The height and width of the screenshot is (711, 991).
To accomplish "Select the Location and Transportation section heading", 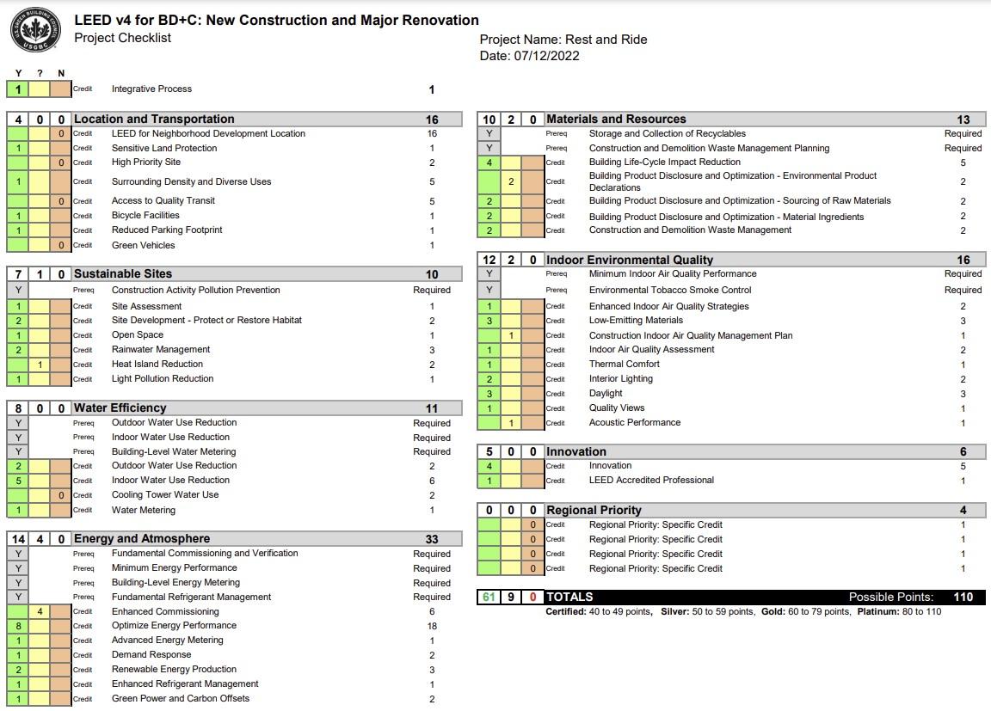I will pos(154,120).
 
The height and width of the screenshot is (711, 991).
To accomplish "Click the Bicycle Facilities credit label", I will pos(145,216).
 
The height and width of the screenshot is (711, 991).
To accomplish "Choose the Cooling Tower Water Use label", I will pos(165,495).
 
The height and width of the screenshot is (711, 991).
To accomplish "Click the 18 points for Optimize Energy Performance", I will pos(432,626).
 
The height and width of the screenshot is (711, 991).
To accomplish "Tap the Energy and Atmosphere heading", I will pos(142,539).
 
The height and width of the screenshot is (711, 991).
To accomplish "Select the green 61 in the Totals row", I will pos(489,597).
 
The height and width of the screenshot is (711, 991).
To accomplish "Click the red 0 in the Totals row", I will pos(532,597).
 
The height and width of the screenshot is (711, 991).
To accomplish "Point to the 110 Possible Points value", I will pos(963,597).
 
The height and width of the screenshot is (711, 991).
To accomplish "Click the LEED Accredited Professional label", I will pos(651,481).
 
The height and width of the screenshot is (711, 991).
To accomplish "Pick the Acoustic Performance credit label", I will pos(635,423).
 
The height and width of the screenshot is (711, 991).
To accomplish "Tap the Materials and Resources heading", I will pos(616,120).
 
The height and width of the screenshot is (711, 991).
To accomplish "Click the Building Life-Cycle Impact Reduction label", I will pos(664,162).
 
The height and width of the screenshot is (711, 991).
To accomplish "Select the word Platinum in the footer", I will pos(877,612).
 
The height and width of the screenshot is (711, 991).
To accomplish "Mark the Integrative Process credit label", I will pos(151,89).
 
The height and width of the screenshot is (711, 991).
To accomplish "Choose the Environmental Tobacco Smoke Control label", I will pos(670,291).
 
